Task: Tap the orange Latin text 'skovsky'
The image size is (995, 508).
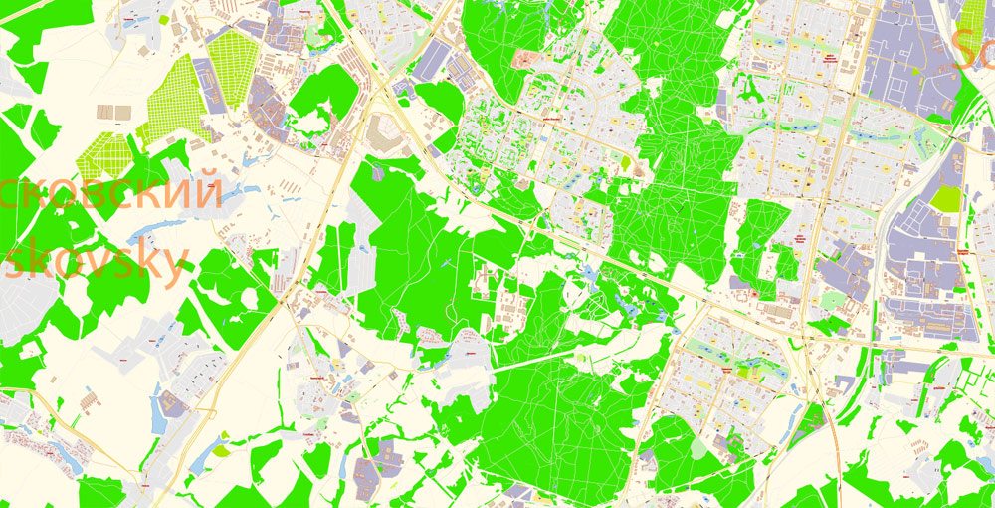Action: click(95, 264)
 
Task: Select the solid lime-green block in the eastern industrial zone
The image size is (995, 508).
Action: click(946, 197)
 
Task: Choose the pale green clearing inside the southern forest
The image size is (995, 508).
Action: click(702, 447)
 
